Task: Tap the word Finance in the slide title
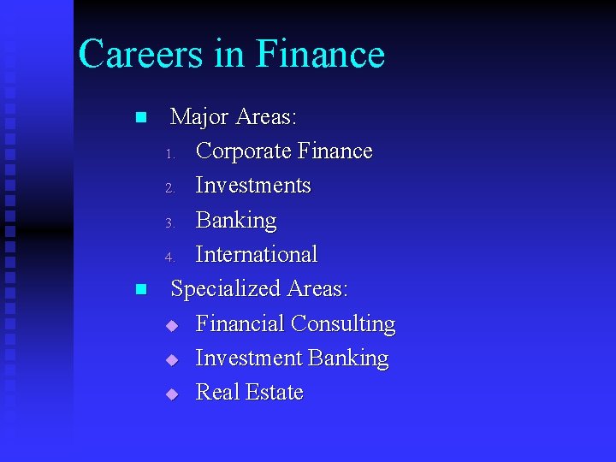coord(320,54)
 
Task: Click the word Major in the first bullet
coord(200,116)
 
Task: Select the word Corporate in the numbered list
coord(242,151)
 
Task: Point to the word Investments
coord(253,186)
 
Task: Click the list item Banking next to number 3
coord(236,220)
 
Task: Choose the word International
coord(257,254)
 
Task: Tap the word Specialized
coord(226,289)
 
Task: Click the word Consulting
coord(343,323)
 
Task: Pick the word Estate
coord(275,392)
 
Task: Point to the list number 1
coord(170,155)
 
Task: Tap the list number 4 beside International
coord(170,258)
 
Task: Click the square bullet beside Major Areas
coord(141,117)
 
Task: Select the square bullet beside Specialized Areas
coord(141,289)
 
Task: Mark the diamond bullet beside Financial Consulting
coord(171,325)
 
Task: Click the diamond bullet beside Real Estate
coord(171,394)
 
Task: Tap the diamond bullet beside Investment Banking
coord(171,359)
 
